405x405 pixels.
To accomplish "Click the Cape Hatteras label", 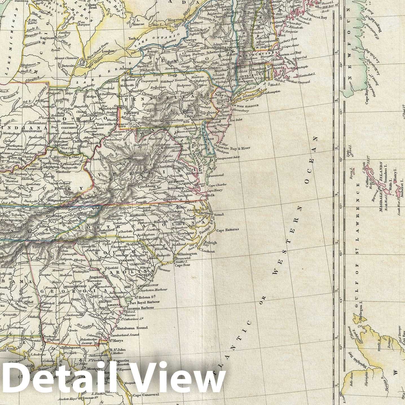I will point(228,230).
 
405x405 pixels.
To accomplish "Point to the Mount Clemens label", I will point(66,58).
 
